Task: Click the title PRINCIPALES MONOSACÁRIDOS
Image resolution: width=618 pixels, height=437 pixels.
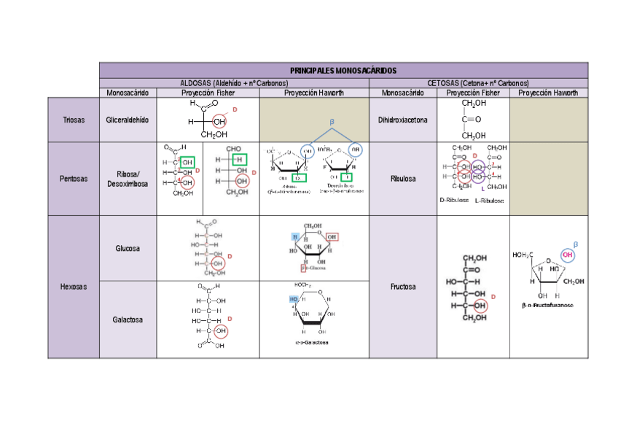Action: tap(343, 71)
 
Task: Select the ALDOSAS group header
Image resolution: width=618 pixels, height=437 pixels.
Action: tap(234, 83)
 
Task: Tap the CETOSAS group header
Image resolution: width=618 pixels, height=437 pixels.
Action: tap(477, 83)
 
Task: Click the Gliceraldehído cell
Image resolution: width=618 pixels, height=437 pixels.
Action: tap(128, 120)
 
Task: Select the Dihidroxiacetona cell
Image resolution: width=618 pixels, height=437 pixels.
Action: tap(402, 120)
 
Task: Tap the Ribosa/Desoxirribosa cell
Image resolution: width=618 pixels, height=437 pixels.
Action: tap(128, 179)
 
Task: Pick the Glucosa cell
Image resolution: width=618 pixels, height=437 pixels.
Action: tap(128, 249)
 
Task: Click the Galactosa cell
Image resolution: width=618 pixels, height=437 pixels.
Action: tap(128, 320)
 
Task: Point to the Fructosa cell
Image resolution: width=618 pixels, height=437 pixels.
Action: tap(402, 287)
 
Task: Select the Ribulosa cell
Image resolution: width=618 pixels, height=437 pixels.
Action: tap(402, 178)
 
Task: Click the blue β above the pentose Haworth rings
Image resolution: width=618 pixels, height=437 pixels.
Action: tap(332, 121)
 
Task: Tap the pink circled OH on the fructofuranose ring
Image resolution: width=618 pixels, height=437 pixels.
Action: tap(567, 256)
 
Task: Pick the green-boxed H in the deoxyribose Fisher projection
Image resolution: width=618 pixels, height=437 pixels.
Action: tap(237, 160)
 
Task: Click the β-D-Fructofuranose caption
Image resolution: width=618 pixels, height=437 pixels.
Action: tap(547, 306)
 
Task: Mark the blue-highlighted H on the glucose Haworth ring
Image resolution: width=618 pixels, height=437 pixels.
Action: tap(295, 237)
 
